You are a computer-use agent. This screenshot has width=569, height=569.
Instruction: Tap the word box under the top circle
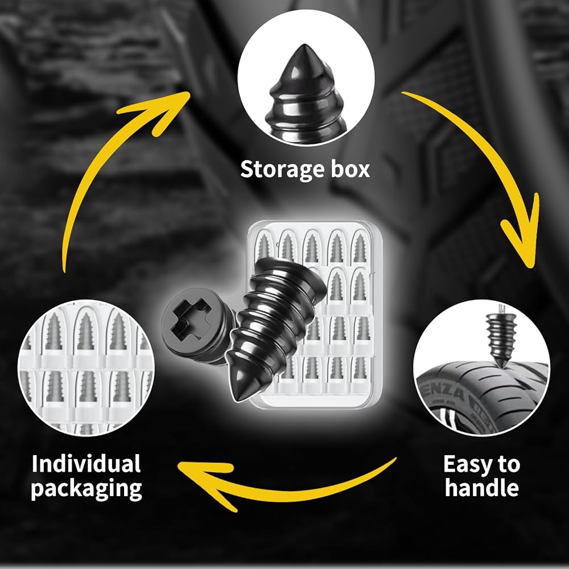pos(350,169)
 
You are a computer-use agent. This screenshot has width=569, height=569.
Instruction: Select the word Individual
pos(86,464)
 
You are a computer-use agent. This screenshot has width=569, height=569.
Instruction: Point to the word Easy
pos(466,465)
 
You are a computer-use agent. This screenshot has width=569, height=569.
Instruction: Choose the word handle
pos(482,488)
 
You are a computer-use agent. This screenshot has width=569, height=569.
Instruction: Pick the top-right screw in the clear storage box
pos(360,248)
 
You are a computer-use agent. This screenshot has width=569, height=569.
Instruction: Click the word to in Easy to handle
pos(508,465)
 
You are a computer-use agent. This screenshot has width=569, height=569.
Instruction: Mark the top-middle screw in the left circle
pos(86,332)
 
